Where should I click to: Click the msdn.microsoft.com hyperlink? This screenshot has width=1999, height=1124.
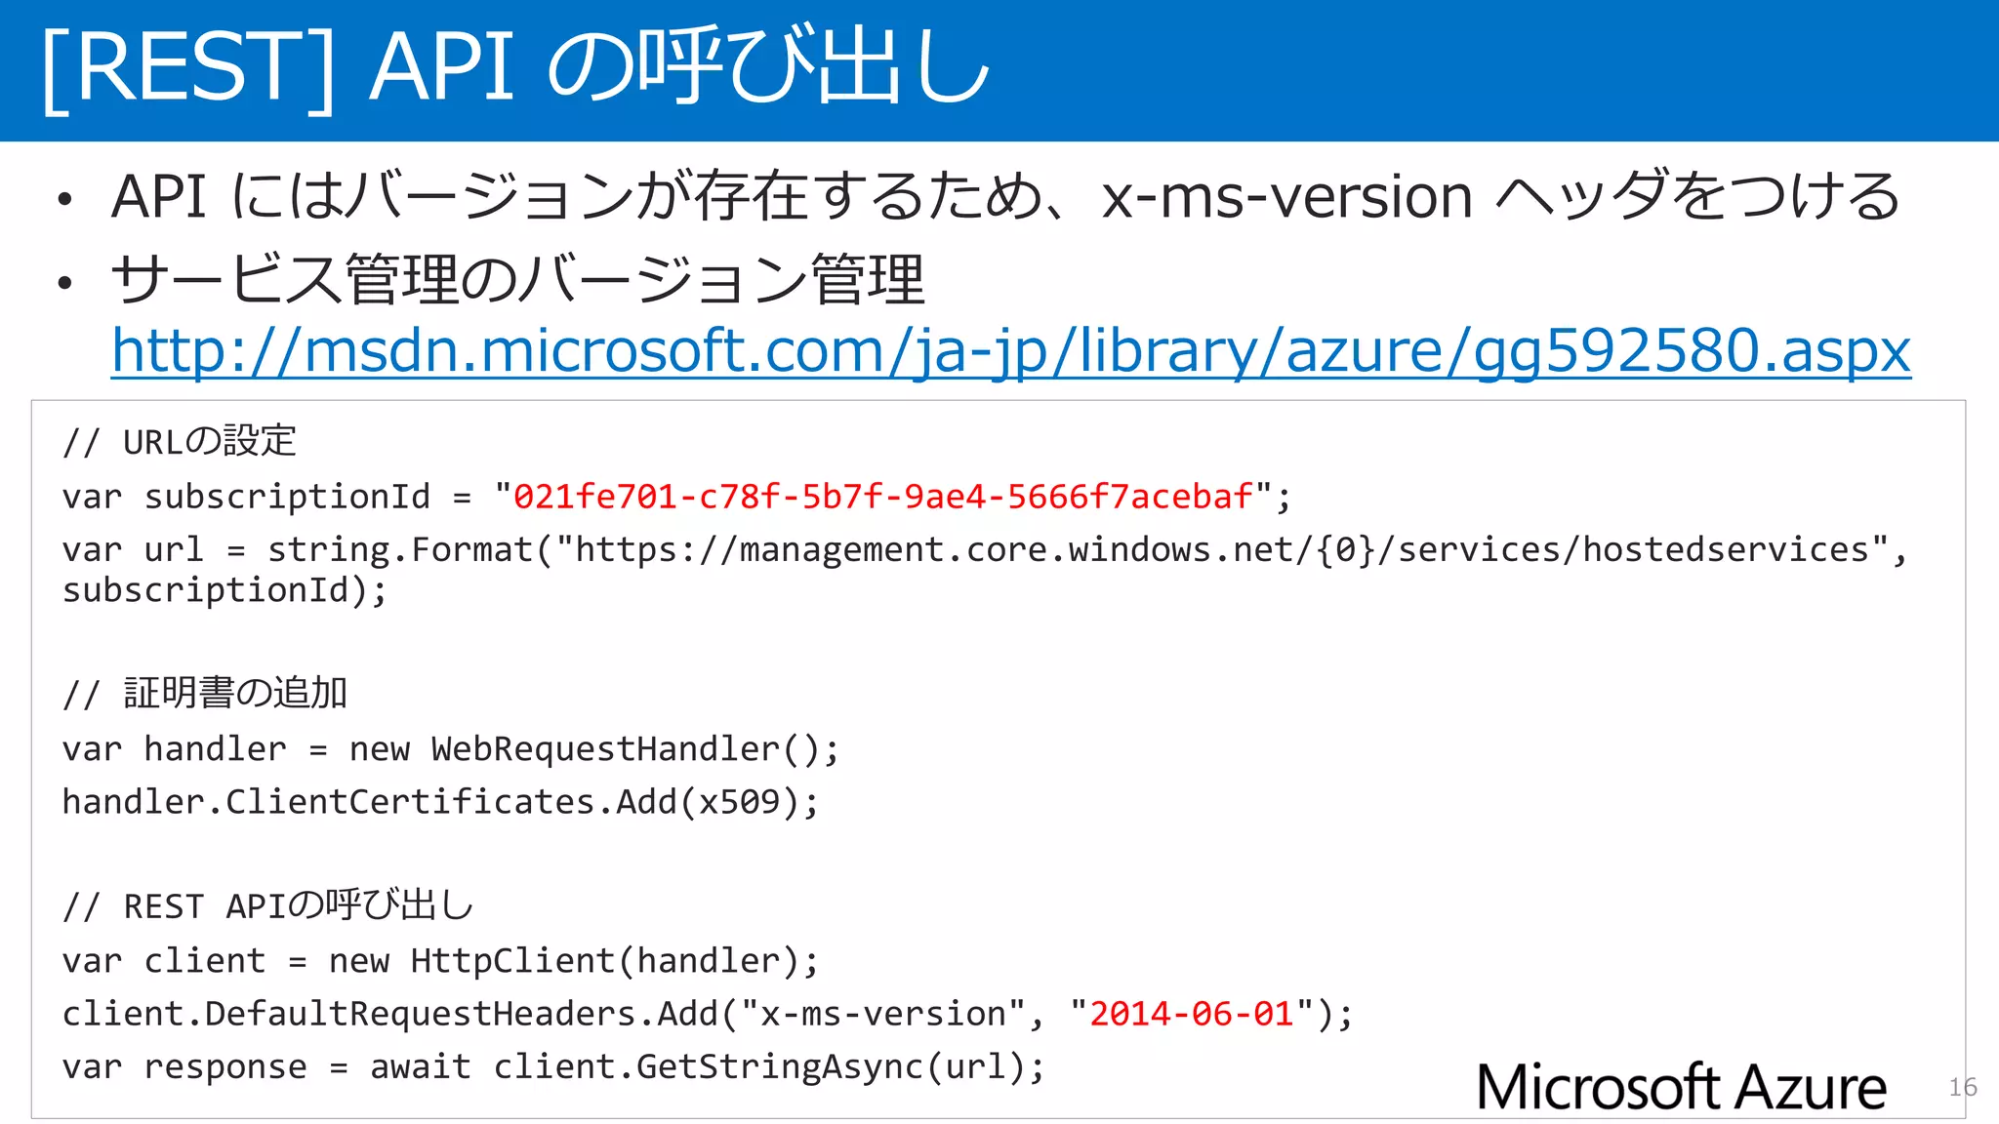coord(1010,350)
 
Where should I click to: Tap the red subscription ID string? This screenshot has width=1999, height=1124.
coord(882,497)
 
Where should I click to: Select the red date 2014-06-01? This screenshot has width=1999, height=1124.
coord(1191,1014)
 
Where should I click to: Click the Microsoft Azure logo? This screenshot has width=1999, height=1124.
coord(1681,1087)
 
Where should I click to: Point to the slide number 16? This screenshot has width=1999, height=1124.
coord(1962,1087)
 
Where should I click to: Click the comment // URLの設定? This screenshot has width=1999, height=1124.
coord(179,442)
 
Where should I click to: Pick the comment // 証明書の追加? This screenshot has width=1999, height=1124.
coord(205,694)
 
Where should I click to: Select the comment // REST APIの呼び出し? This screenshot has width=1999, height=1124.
coord(267,906)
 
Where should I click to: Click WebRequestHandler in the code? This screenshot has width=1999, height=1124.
coord(605,749)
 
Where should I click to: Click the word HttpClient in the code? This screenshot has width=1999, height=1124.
coord(512,961)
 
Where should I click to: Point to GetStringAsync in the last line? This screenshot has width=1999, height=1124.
coord(779,1066)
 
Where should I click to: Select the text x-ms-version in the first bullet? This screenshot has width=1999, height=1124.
coord(1286,197)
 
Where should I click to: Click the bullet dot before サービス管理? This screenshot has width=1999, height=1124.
coord(64,284)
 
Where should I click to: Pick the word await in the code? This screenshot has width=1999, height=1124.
coord(421,1066)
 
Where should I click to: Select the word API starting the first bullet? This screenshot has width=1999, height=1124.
coord(158,197)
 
